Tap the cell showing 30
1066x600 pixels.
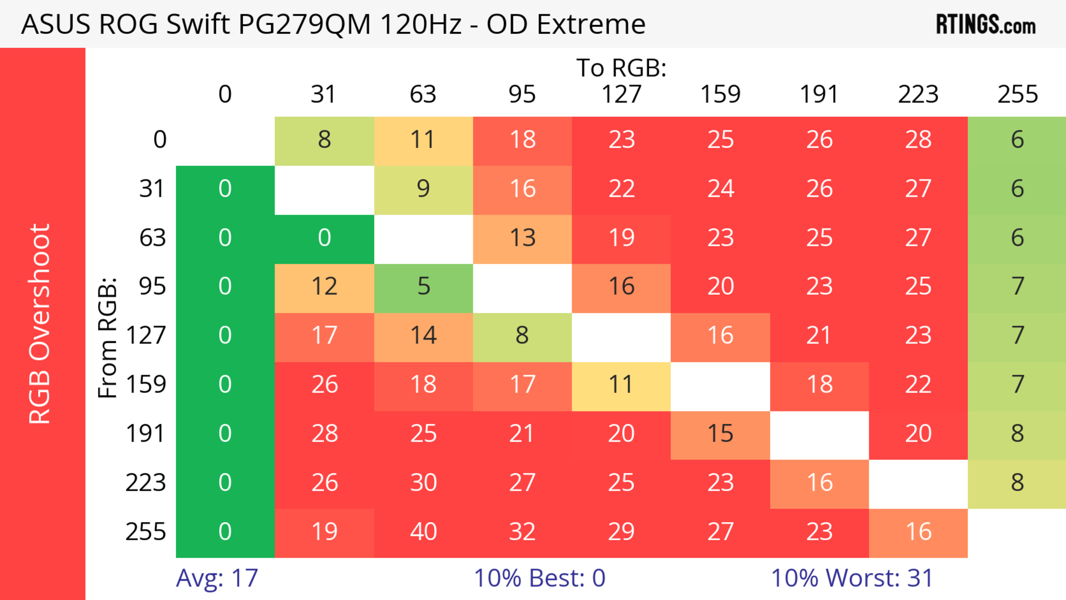point(423,483)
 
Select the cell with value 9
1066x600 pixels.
point(423,189)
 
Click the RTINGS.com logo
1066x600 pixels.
point(986,24)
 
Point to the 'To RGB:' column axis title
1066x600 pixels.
point(621,67)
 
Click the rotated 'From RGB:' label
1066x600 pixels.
point(108,337)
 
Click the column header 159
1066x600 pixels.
point(720,94)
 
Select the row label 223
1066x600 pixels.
point(146,483)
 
